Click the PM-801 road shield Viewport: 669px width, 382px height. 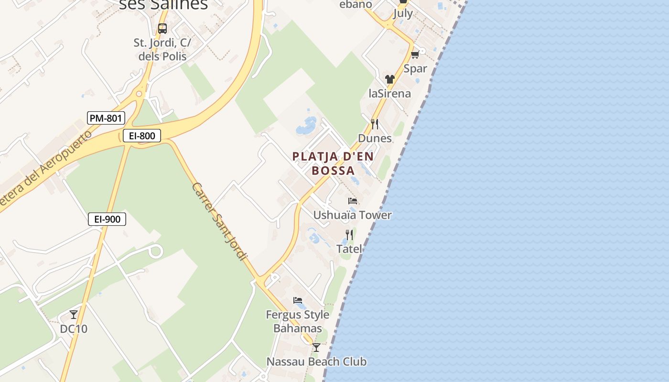point(106,118)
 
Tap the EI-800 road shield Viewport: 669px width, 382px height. point(142,136)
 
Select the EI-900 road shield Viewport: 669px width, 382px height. point(107,219)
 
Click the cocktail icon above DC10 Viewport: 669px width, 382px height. point(74,315)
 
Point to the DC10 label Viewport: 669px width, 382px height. point(74,329)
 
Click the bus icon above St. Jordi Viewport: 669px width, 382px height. point(162,29)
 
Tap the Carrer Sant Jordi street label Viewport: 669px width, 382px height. point(219,221)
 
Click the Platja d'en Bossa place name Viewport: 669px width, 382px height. point(333,163)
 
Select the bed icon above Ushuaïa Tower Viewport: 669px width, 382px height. point(353,201)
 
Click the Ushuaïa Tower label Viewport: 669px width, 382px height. point(352,215)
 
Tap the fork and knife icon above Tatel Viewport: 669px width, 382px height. point(349,235)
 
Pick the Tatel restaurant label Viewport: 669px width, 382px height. point(349,249)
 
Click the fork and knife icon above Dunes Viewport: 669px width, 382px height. point(375,124)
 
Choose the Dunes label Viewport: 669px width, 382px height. point(375,138)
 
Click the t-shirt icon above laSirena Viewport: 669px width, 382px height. point(390,79)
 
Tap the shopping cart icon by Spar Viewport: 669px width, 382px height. point(415,55)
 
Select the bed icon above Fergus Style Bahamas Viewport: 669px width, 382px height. point(298,300)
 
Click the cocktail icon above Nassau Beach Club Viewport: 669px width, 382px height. point(316,348)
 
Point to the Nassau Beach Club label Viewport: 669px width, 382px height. point(316,361)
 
